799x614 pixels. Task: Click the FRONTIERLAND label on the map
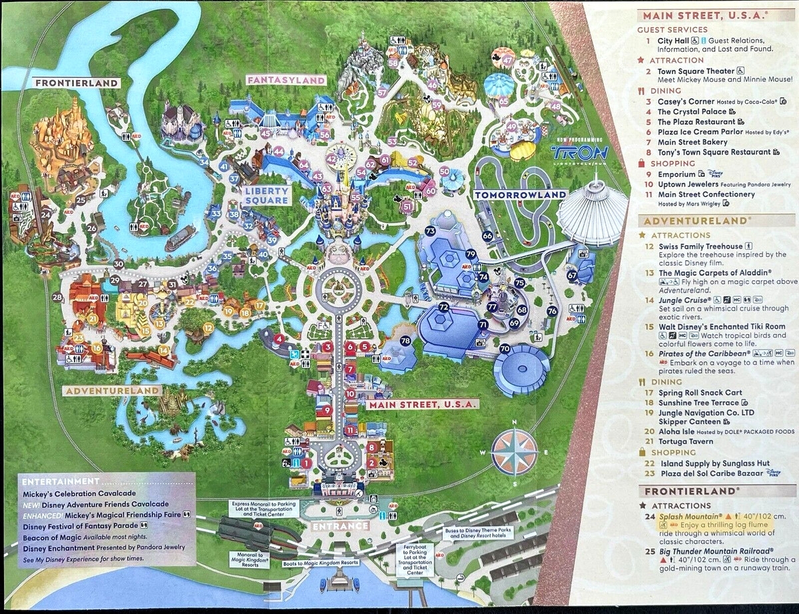pos(77,83)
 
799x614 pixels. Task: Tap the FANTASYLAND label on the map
pos(286,80)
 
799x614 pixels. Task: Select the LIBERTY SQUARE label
pos(266,195)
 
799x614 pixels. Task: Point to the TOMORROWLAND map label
pos(519,194)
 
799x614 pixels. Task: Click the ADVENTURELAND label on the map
pos(113,390)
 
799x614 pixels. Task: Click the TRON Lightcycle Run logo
pos(579,153)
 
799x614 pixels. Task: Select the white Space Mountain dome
pos(591,212)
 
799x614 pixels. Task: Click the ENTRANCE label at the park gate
pos(340,526)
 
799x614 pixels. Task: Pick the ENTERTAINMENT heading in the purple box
pos(60,481)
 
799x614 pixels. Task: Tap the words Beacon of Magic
pos(53,537)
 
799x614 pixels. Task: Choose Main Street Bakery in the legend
pos(692,142)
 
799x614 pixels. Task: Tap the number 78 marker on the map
pos(405,341)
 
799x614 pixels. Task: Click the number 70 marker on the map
pos(505,348)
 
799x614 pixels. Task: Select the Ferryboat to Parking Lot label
pos(415,559)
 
